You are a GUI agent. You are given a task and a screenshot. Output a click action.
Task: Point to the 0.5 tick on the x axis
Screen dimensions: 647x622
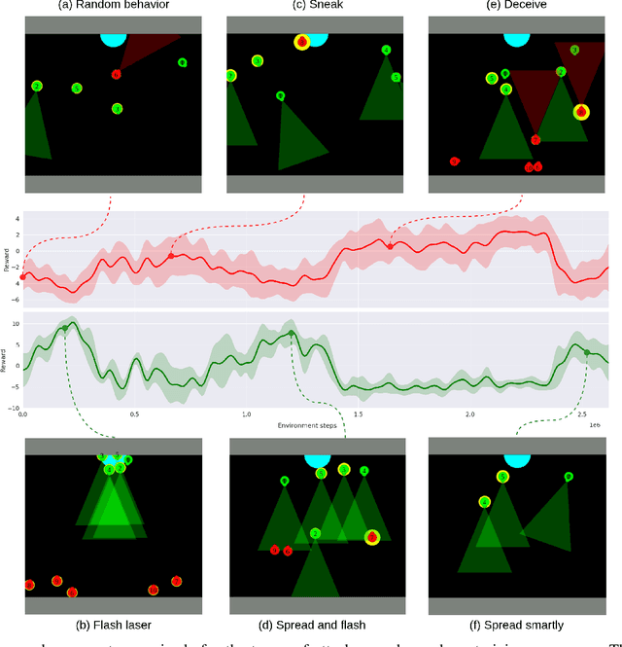point(134,413)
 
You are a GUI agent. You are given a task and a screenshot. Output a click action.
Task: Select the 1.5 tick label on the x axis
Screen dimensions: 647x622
point(359,413)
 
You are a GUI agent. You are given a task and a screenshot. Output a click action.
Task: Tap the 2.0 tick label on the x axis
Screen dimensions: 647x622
point(470,413)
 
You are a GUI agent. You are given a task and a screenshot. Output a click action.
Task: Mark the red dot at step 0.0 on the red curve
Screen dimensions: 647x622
point(23,277)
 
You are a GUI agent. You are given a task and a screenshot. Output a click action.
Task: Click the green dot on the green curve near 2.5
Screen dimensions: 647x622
point(587,352)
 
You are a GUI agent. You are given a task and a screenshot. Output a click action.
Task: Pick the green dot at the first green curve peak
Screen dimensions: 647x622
point(65,328)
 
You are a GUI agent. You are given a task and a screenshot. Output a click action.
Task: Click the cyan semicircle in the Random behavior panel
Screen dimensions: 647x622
point(113,40)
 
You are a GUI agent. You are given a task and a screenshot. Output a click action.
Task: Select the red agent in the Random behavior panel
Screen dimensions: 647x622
point(116,74)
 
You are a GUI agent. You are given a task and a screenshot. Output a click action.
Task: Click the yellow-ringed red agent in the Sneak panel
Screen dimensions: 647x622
point(302,42)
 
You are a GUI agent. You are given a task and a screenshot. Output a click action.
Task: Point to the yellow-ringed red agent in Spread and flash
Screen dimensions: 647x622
point(371,537)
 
